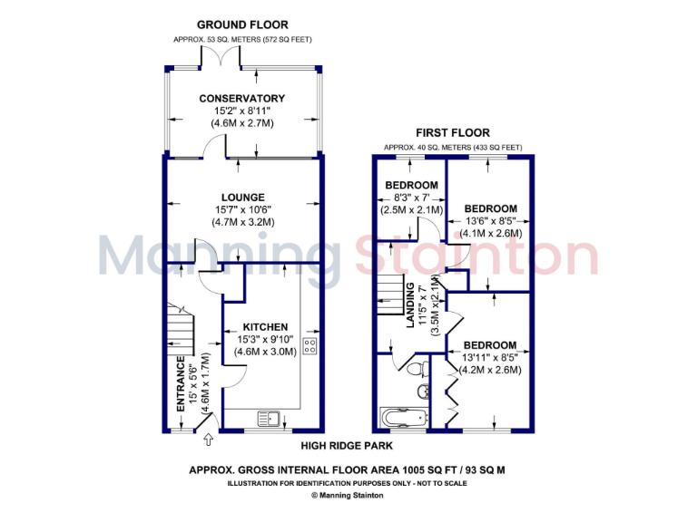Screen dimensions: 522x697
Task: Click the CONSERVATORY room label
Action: tap(242, 99)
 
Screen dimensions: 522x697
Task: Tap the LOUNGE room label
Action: tap(242, 197)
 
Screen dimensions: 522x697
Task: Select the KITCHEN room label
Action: tap(265, 326)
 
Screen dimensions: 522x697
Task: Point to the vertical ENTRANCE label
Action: tap(181, 384)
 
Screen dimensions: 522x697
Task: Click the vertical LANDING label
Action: tap(410, 307)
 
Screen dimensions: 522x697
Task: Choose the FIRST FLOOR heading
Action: tap(453, 132)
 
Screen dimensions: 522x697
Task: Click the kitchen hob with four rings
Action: tap(309, 345)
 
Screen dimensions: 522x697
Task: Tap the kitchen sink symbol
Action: tap(271, 419)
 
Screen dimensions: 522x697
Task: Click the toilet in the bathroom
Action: tap(418, 369)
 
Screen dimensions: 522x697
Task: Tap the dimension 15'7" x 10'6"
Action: tap(242, 209)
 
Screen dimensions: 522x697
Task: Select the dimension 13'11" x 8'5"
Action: tap(491, 357)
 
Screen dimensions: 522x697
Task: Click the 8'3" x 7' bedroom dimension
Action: tap(411, 198)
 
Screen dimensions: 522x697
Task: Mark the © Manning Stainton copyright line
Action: tap(348, 496)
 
